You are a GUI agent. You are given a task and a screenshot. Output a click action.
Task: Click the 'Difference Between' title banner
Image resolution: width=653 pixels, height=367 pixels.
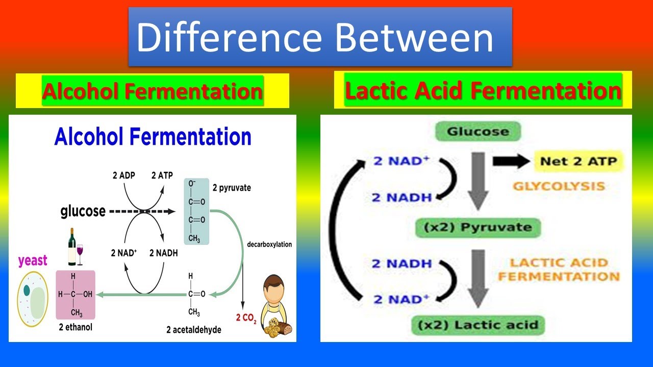coord(320,37)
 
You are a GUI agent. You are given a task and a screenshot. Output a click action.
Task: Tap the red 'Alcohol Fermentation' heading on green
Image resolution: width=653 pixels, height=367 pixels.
coord(153,91)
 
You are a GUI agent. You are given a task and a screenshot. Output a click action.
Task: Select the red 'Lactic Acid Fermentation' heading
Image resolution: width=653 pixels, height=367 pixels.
coord(483,90)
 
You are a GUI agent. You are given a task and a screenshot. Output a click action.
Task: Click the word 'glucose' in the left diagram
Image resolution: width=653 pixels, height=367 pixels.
coord(83,211)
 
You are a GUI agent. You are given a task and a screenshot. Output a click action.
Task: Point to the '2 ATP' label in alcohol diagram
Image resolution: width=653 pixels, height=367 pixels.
coord(162,176)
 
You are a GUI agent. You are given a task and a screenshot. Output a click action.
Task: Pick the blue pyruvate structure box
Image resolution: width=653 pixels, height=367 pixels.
coord(196,211)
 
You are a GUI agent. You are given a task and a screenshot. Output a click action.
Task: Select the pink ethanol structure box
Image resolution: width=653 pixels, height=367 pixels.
coord(75,294)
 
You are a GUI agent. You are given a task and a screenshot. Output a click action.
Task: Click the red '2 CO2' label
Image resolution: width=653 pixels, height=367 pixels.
coord(245,318)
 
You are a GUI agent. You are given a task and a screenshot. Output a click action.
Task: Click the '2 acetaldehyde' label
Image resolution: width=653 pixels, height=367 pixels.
coord(194,330)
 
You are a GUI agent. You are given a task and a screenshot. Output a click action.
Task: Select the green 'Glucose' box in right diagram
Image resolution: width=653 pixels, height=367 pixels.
coord(478,132)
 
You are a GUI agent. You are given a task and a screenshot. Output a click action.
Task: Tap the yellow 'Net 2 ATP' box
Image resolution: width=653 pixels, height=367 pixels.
coord(578,162)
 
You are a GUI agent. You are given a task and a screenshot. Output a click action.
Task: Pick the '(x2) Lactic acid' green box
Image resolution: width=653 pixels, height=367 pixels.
coord(478,324)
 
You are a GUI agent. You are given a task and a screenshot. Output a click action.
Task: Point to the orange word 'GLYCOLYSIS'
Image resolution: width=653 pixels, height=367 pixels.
coord(559,186)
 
